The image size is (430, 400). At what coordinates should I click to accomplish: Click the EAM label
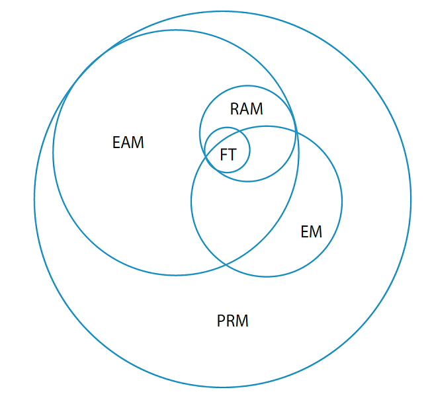[x=128, y=142]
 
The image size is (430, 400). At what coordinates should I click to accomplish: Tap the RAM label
[x=247, y=109]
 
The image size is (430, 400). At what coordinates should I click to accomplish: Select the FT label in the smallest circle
[x=228, y=155]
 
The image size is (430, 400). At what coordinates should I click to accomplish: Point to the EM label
[x=312, y=231]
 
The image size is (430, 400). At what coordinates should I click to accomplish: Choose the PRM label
[x=233, y=321]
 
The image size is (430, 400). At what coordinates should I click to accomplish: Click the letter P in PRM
[x=221, y=321]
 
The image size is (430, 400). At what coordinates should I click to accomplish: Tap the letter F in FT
[x=224, y=155]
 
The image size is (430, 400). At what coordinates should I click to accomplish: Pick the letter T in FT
[x=232, y=155]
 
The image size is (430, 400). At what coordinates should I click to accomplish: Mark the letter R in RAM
[x=234, y=109]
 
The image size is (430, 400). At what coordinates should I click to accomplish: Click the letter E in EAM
[x=116, y=142]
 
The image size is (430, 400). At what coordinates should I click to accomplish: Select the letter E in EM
[x=305, y=231]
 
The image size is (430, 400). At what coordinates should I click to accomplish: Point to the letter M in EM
[x=316, y=231]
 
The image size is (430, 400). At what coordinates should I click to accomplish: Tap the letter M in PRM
[x=242, y=321]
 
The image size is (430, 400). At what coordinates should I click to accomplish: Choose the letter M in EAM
[x=138, y=142]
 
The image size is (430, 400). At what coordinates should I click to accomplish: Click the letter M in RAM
[x=257, y=109]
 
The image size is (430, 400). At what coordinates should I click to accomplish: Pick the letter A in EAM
[x=126, y=142]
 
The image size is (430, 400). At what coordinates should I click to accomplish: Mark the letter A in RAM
[x=245, y=109]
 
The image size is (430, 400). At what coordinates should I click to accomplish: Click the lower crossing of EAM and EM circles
[x=226, y=264]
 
